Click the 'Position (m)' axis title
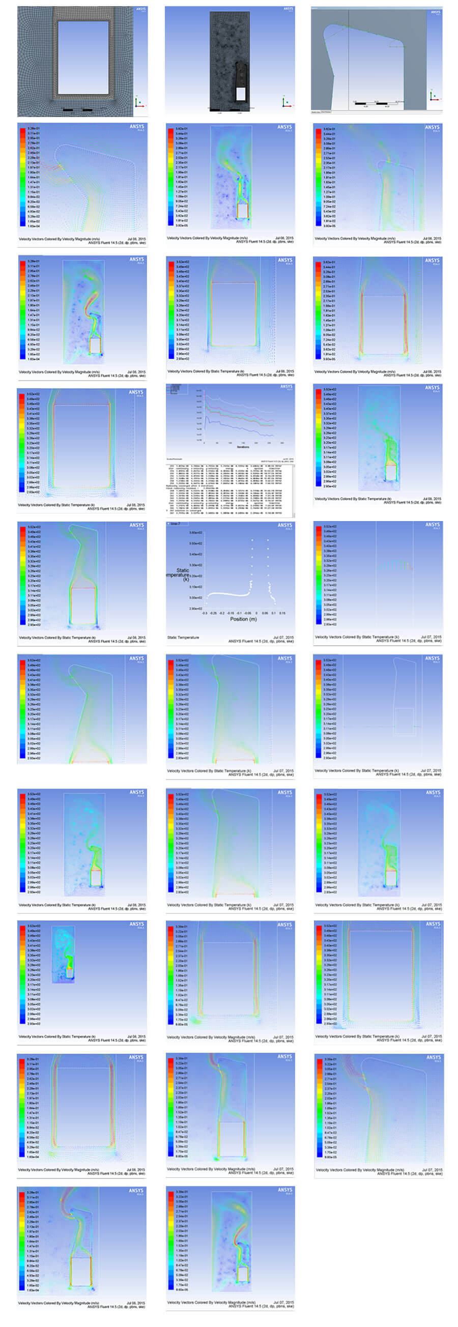(243, 619)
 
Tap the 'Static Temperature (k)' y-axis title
(181, 574)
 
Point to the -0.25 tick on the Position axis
(213, 613)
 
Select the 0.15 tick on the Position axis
(282, 613)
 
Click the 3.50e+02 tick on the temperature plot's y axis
(196, 543)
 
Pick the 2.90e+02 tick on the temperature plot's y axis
(196, 609)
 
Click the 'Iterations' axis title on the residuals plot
(243, 447)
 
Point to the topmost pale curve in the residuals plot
(237, 400)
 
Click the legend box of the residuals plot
(176, 390)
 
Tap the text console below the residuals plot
(230, 489)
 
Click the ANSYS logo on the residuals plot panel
(287, 386)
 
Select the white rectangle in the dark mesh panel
(241, 93)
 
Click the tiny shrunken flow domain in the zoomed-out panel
(64, 955)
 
